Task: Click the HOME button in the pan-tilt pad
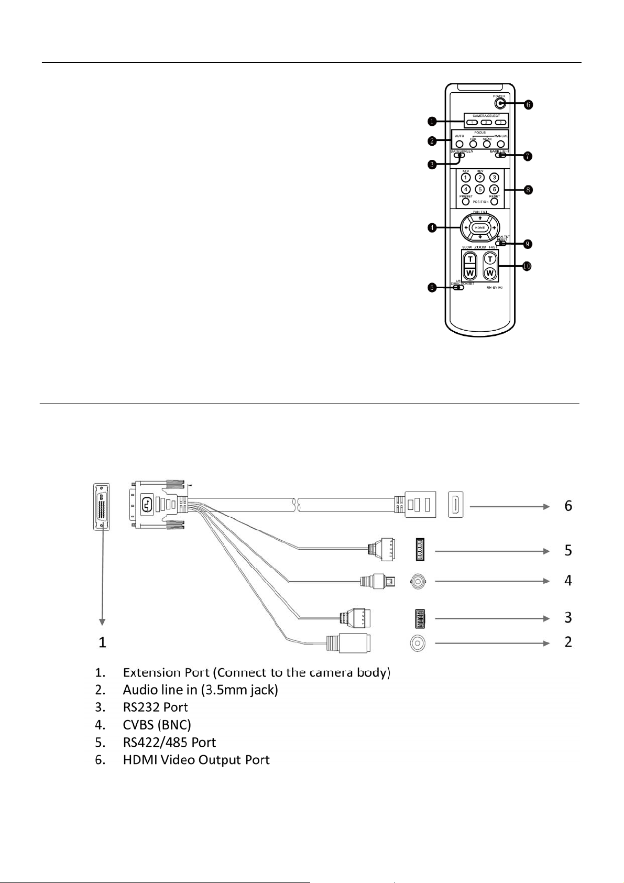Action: point(480,228)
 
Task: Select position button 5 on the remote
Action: point(479,189)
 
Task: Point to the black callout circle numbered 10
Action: point(527,266)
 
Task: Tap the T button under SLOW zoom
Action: point(470,259)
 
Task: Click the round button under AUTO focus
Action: point(459,144)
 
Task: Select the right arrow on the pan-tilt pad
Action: point(494,228)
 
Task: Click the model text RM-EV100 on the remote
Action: point(495,288)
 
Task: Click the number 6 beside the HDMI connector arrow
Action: point(568,506)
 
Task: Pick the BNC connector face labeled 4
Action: point(419,581)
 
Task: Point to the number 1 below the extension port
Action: point(103,642)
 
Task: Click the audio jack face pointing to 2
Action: point(418,643)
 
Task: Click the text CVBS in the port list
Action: point(138,725)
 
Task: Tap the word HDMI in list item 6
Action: point(140,760)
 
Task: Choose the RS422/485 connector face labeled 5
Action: point(421,551)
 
